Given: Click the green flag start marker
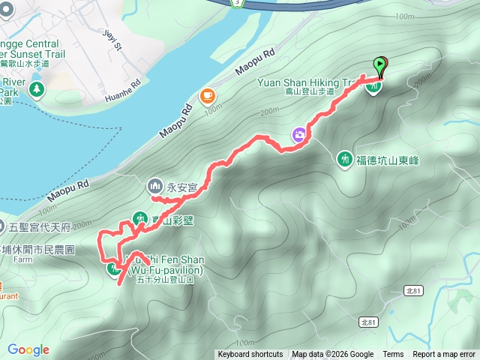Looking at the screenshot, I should [x=380, y=67].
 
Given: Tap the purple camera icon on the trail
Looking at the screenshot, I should [x=299, y=135].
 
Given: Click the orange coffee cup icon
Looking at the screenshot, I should [x=207, y=95].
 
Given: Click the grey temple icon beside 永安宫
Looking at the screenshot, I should [x=155, y=184].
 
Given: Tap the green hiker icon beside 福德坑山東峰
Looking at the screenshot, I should [x=345, y=159].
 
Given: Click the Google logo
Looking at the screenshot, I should [x=28, y=349].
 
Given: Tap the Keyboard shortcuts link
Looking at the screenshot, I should [x=250, y=355].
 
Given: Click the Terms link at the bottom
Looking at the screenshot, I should [x=393, y=355].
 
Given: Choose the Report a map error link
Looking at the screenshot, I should [x=445, y=355].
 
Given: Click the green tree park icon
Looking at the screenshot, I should [x=36, y=90].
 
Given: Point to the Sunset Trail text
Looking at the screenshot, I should [x=37, y=54].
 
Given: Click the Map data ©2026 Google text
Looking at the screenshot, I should [x=332, y=355].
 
